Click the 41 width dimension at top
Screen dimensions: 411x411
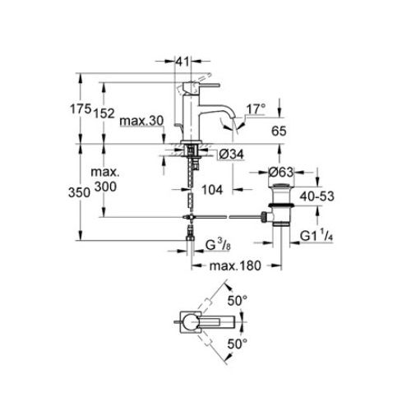click(x=182, y=62)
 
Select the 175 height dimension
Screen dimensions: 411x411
click(x=81, y=109)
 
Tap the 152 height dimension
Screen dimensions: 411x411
click(x=104, y=113)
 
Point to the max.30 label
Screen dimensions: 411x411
click(x=141, y=121)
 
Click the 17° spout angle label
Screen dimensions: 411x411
click(x=256, y=109)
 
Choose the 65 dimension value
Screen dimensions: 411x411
click(x=279, y=131)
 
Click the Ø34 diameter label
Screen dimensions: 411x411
click(x=231, y=155)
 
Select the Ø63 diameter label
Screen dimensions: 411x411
click(x=281, y=172)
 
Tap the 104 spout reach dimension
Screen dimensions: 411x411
click(x=212, y=190)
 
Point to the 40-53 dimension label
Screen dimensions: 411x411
click(x=317, y=196)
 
